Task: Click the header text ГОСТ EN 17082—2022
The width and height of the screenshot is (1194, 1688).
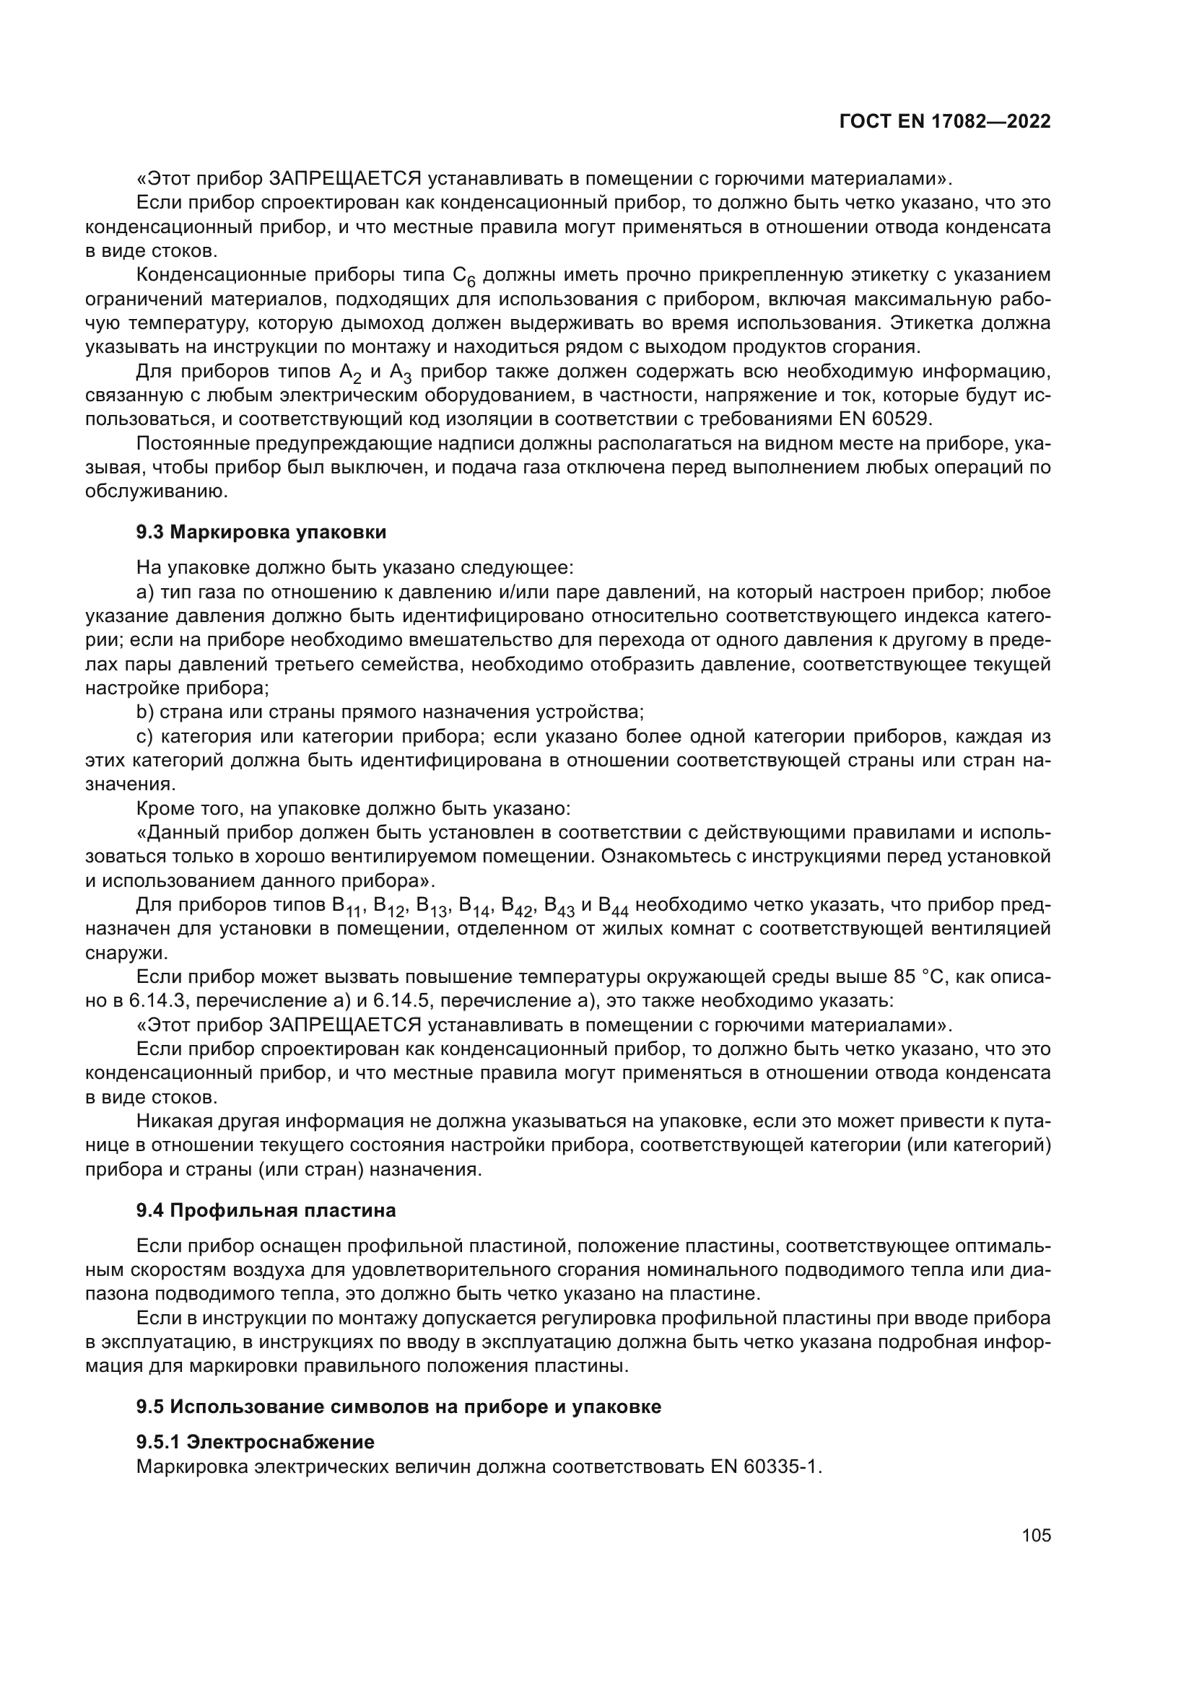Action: point(945,122)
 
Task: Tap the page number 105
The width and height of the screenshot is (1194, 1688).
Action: point(1036,1535)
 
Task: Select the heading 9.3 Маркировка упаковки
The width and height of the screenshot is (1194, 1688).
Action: point(261,533)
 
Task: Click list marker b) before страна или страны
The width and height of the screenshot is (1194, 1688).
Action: point(144,712)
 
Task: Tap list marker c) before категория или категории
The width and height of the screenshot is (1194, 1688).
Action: point(144,736)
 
